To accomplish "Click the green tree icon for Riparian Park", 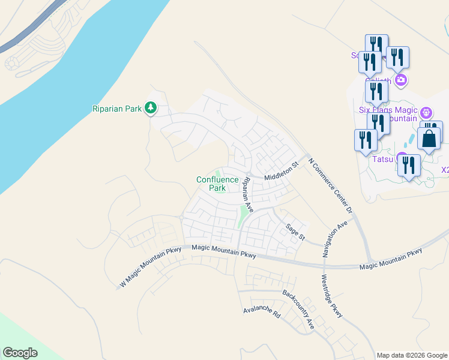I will coord(151,109).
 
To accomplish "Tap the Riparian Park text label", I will coord(116,109).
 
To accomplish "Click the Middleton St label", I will coord(281,171).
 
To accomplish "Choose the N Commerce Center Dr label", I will coord(330,187).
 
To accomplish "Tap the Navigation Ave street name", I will coord(335,239).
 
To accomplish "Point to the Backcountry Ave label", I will coord(298,310).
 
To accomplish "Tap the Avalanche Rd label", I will coord(262,313).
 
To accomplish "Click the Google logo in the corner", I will coord(20,353).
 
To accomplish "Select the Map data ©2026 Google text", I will coord(412,355).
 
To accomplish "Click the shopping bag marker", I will coord(429,139).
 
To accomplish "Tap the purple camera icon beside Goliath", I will coord(400,80).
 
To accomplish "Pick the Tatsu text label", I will coord(382,159).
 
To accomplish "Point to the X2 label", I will coord(445,170).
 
